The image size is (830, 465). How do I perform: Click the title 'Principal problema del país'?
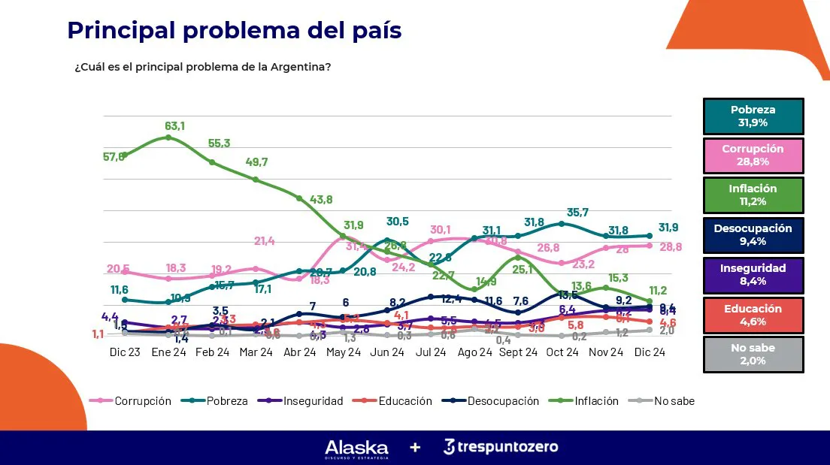[x=234, y=30]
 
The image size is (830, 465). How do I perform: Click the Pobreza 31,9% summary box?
[x=753, y=116]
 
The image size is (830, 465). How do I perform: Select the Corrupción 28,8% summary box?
[x=753, y=156]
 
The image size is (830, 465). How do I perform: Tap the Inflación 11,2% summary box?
[x=753, y=195]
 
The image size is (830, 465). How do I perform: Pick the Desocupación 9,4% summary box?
[x=753, y=235]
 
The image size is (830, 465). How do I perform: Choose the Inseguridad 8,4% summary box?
[x=753, y=274]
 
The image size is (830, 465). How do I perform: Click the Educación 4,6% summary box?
[x=753, y=315]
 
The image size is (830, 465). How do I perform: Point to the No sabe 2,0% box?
[x=753, y=354]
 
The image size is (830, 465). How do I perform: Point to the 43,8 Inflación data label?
[x=320, y=199]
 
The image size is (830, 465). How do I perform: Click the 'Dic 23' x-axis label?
[x=124, y=352]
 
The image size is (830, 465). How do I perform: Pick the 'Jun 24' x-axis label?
[x=387, y=352]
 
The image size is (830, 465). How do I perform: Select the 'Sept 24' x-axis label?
[x=518, y=352]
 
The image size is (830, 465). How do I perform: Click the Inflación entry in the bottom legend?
[x=595, y=401]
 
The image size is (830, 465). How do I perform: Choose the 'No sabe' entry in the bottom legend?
[x=674, y=401]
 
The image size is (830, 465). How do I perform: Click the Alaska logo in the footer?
[x=356, y=448]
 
